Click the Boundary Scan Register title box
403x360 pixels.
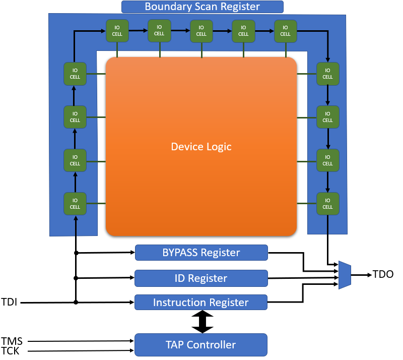[202, 7]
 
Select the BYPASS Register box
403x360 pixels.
[201, 253]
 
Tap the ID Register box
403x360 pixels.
[201, 278]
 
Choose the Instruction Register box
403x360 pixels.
[201, 303]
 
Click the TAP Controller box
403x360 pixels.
[201, 345]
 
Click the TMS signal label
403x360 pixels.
[12, 341]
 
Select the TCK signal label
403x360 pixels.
[11, 351]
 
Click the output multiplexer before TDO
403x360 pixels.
[345, 275]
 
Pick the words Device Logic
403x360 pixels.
[201, 147]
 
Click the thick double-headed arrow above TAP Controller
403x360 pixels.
[203, 322]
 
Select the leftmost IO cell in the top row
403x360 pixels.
[117, 31]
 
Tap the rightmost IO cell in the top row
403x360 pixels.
[286, 31]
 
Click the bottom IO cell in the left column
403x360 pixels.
[75, 204]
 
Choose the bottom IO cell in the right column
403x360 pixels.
[327, 204]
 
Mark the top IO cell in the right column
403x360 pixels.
[327, 74]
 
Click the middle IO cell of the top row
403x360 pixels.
[201, 31]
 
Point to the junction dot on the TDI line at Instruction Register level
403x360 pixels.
[76, 303]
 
